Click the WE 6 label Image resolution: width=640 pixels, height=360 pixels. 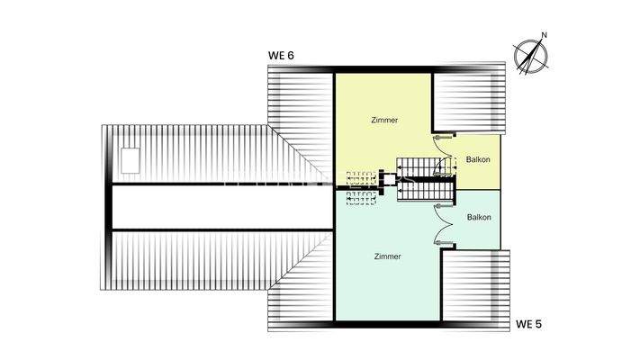(x=282, y=56)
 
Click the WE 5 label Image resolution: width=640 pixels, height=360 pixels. (x=529, y=322)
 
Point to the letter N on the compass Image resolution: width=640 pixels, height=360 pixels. (x=544, y=37)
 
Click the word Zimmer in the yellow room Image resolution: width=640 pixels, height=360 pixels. (x=384, y=120)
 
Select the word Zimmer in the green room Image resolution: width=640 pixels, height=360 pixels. (x=387, y=256)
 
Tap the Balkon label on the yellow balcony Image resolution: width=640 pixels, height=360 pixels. (x=478, y=160)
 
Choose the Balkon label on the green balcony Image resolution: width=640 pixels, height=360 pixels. (x=478, y=218)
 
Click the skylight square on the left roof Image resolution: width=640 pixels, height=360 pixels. (x=131, y=157)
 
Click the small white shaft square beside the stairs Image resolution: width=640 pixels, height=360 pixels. (x=392, y=182)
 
